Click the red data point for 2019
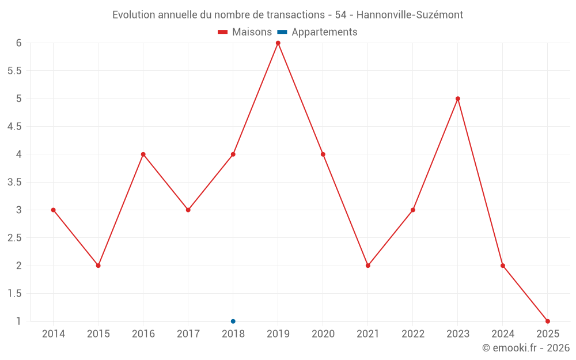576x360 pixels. point(278,43)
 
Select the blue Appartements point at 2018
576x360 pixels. point(233,321)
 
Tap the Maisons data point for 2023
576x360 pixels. point(458,98)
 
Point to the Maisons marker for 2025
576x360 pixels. point(548,321)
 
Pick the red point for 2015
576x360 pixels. point(98,266)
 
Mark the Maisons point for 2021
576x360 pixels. point(368,266)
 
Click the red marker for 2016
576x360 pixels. point(143,154)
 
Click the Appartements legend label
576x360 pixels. point(324,32)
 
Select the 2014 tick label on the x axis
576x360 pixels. point(54,334)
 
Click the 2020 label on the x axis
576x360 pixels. point(323,334)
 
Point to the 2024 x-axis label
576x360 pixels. point(503,334)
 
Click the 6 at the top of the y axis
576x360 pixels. point(19,43)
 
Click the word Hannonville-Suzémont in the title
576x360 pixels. point(410,15)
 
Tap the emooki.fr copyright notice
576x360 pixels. point(526,348)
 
